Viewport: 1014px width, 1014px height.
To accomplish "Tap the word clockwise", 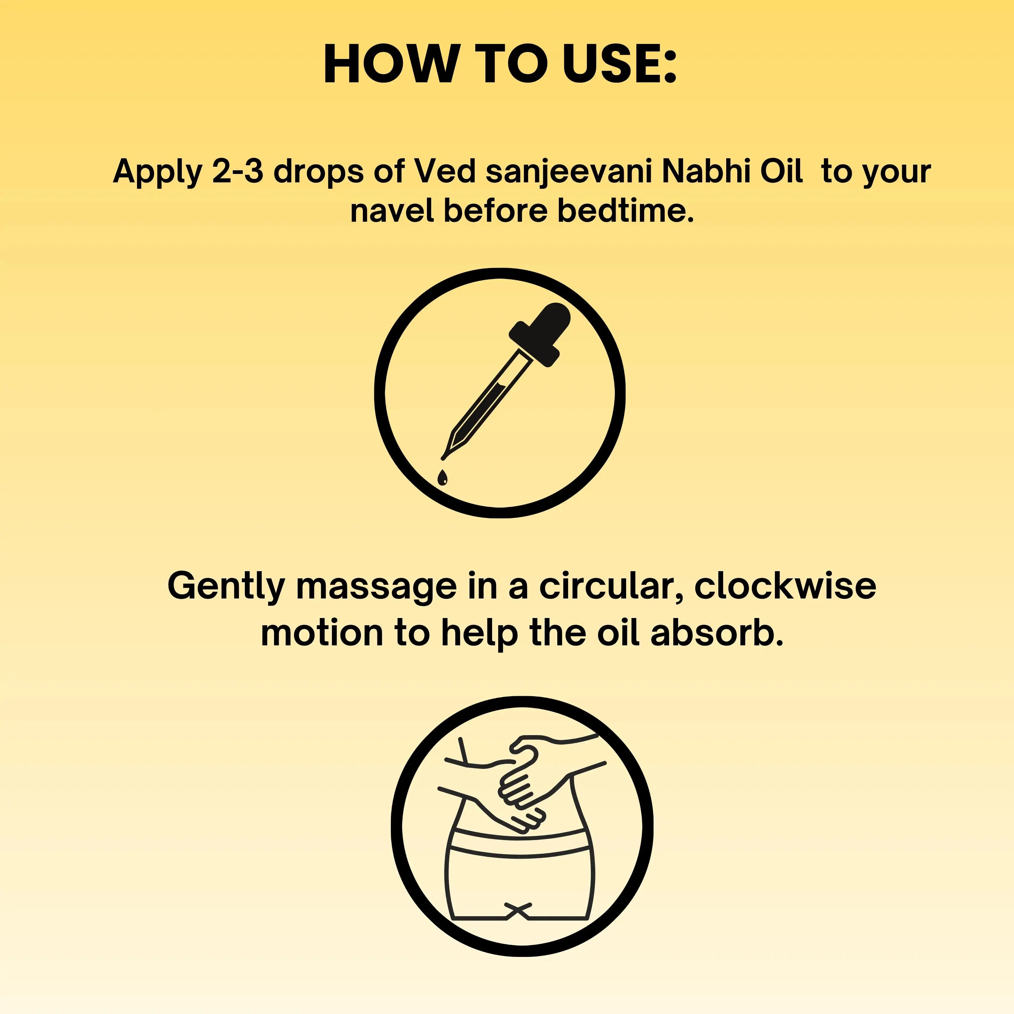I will click(785, 586).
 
